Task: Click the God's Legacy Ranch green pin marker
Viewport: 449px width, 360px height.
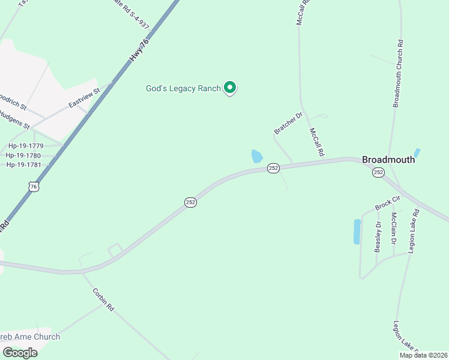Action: click(229, 88)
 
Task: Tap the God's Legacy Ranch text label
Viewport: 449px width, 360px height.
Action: click(184, 88)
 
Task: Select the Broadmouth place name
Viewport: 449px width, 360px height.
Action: click(388, 160)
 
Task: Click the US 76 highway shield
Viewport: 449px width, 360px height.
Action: click(34, 187)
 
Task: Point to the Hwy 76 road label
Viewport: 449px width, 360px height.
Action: click(138, 51)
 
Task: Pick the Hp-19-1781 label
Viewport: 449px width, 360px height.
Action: click(24, 164)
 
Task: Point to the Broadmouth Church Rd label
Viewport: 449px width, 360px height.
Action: click(397, 74)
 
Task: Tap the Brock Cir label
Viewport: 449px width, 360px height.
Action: click(387, 203)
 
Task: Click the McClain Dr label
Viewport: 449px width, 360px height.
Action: click(394, 228)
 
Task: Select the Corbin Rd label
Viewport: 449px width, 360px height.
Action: click(103, 299)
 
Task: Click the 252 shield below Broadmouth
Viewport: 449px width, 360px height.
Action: click(378, 172)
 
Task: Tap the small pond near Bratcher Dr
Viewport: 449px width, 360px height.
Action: click(257, 157)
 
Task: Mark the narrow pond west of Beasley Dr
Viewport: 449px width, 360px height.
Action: click(357, 232)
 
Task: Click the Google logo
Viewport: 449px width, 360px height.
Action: click(20, 353)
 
